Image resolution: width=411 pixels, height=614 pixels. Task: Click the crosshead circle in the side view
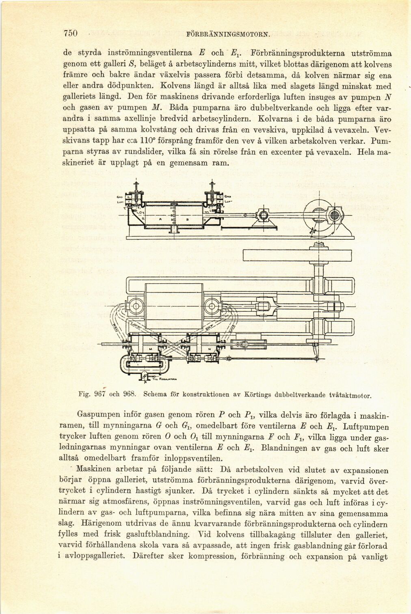(x=262, y=215)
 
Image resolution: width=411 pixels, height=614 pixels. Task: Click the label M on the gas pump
(x=139, y=349)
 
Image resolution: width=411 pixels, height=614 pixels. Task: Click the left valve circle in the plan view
(x=135, y=305)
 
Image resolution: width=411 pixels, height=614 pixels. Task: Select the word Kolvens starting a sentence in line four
(x=175, y=86)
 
